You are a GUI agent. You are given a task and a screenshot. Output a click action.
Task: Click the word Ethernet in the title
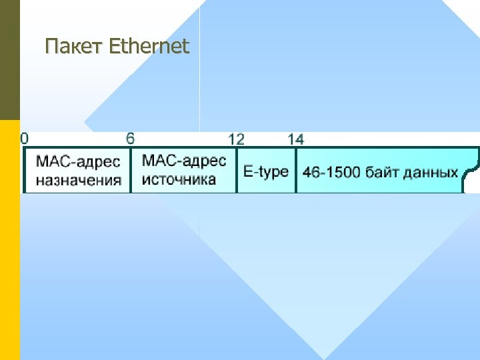[x=148, y=46]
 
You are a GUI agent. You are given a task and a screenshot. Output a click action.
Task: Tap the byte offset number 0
[x=25, y=138]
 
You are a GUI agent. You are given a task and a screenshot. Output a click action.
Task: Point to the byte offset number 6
[x=131, y=138]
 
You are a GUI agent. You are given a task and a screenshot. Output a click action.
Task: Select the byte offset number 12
[x=236, y=139]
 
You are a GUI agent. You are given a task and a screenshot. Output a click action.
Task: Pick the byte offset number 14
[x=295, y=139]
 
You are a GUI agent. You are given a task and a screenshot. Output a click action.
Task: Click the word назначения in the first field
[x=79, y=179]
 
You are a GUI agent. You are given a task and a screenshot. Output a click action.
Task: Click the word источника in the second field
[x=179, y=179]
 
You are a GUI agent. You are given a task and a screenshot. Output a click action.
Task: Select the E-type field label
[x=266, y=171]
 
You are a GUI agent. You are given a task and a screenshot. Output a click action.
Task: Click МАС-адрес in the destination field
[x=78, y=162]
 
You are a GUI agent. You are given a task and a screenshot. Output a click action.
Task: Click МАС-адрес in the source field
[x=184, y=161]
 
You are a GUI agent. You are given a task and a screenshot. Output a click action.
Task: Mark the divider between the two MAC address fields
[x=131, y=171]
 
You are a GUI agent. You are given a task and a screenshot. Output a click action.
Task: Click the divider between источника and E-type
[x=237, y=171]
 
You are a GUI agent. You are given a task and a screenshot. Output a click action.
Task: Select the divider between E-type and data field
[x=295, y=171]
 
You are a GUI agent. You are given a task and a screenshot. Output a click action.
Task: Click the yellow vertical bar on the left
[x=9, y=240]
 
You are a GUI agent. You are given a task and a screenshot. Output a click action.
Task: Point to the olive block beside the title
[x=9, y=60]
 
